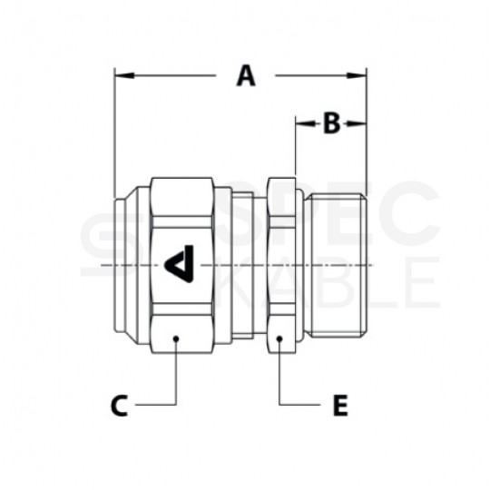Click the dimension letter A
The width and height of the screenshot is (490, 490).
246,76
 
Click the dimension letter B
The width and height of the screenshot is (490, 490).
331,123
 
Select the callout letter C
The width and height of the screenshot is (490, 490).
120,406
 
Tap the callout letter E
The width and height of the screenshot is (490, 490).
340,406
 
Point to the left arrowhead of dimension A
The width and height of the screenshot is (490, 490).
124,75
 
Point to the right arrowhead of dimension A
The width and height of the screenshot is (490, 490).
357,75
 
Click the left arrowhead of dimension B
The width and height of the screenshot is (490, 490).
306,123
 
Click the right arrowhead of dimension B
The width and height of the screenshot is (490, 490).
357,123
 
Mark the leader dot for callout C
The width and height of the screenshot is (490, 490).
176,338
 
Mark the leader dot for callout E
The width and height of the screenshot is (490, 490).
279,338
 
